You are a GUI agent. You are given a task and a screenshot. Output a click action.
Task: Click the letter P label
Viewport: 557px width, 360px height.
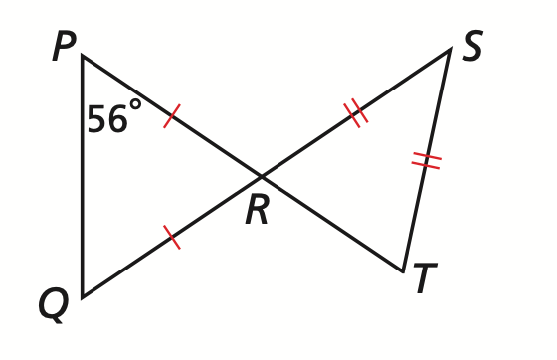pos(65,46)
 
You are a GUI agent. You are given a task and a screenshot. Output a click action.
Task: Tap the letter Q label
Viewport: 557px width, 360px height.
pos(53,305)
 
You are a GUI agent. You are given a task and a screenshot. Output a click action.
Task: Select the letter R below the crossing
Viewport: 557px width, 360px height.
pos(257,211)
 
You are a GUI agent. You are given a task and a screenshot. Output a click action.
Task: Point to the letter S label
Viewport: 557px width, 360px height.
pos(472,46)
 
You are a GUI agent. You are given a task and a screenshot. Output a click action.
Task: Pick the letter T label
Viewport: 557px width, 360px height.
pos(426,277)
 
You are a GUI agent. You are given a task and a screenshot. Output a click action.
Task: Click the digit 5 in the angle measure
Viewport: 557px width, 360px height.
pos(96,119)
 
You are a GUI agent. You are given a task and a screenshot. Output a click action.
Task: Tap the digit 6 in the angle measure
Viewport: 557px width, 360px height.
pos(117,119)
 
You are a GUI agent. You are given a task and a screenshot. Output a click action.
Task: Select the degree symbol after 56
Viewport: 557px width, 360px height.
pos(135,104)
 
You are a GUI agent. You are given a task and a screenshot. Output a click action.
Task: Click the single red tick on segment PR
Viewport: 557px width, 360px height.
pos(172,116)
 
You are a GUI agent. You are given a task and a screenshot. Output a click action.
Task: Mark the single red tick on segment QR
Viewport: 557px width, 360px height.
pos(172,237)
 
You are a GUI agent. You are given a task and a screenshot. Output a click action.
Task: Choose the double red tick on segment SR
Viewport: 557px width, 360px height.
pos(356,113)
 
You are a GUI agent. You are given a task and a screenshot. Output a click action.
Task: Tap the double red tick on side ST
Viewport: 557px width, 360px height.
pos(427,160)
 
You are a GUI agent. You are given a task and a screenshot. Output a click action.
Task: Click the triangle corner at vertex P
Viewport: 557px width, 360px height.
pos(83,56)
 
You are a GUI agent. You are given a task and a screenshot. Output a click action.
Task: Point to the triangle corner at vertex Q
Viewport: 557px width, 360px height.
pos(83,297)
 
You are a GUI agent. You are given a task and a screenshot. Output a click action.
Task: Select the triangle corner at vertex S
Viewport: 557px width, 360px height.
pos(450,49)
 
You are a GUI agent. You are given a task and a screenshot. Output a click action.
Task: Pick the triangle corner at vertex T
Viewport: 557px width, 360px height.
pos(403,271)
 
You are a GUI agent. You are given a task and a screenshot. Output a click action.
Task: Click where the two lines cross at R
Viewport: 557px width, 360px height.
pos(262,176)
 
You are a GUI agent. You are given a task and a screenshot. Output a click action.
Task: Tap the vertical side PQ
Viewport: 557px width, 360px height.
pos(83,176)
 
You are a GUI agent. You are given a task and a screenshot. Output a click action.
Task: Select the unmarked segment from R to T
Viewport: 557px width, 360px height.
pos(332,224)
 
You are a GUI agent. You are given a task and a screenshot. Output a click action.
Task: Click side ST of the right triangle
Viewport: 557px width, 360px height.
pos(427,160)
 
